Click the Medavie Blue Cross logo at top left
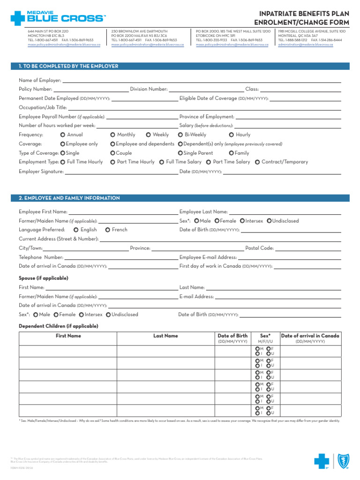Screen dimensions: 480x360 pos(58,18)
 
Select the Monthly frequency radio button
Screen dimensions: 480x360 pos(113,135)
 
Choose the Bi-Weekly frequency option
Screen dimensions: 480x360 pos(180,135)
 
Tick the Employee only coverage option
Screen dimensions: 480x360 pos(63,144)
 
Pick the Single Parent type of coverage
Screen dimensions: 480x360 pos(180,153)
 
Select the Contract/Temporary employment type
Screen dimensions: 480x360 pos(257,162)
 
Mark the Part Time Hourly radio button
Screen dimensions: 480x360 pos(113,162)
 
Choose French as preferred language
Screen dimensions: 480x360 pos(108,230)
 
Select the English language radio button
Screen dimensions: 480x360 pos(76,230)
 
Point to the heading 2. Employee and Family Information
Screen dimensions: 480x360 pos(69,198)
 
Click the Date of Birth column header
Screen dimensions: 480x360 pos(232,336)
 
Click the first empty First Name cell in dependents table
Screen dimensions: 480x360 pos(68,351)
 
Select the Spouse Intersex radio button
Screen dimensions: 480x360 pos(82,315)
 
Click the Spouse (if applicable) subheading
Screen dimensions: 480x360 pos(44,278)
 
